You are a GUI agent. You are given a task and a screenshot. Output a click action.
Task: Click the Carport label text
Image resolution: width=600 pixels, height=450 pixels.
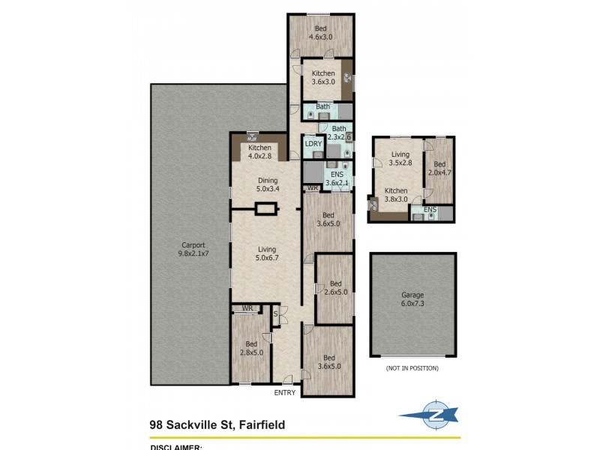coord(193,250)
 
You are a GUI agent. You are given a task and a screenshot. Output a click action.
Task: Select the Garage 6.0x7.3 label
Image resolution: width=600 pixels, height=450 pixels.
coord(412,300)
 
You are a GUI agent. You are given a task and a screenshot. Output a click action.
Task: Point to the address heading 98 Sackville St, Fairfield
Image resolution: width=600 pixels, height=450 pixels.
coord(217,425)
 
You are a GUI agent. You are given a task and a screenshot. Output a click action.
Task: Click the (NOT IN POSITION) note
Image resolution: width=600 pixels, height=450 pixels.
coord(412,368)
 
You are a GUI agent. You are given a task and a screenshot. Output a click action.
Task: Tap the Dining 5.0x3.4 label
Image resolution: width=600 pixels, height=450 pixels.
coord(268,184)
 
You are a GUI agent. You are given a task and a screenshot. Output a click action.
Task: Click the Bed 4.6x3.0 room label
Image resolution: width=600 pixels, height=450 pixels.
coord(322,32)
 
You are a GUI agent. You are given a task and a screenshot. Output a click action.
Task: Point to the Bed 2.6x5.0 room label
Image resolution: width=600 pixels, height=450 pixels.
coord(335,288)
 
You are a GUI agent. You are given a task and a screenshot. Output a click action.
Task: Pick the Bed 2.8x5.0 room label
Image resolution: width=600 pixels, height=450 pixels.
coord(251,347)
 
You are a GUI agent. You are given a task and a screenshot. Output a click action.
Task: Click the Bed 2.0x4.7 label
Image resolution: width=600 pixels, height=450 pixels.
coord(439,169)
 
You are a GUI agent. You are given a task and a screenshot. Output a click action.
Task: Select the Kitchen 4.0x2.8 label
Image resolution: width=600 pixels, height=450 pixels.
coord(259,151)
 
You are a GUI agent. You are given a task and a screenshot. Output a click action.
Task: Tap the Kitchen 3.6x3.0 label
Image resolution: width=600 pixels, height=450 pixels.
coord(323,77)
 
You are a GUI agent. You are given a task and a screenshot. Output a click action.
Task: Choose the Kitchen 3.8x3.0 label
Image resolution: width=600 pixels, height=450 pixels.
coord(396,195)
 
